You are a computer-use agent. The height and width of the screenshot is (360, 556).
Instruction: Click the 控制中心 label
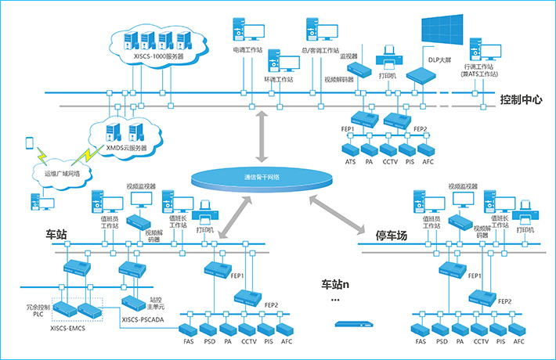tap(524, 99)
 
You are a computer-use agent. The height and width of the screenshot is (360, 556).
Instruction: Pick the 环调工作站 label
tap(279, 79)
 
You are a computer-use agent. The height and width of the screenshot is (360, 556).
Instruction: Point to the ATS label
tap(351, 162)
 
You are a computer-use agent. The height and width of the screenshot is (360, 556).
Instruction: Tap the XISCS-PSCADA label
tap(147, 319)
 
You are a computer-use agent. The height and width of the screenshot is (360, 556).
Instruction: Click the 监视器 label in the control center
tap(349, 56)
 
